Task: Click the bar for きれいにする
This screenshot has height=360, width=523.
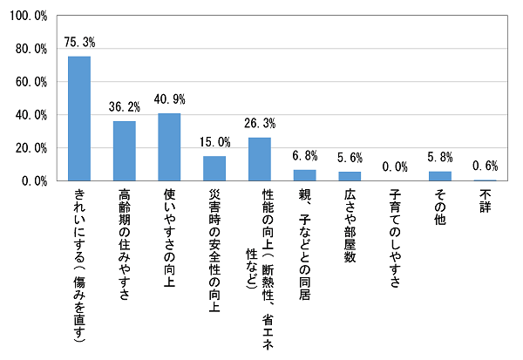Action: [79, 119]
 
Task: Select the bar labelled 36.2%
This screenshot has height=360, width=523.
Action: [125, 151]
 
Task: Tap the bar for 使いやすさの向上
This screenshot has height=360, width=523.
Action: [169, 147]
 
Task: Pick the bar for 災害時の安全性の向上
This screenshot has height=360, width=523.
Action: [214, 168]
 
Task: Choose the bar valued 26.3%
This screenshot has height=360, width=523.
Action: [260, 160]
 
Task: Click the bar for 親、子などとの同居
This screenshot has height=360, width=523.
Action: [304, 175]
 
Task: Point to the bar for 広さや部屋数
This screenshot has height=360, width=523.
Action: [350, 176]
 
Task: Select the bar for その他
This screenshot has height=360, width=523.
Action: [440, 176]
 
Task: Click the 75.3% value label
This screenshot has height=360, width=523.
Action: [79, 43]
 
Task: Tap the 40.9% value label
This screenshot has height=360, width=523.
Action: [169, 99]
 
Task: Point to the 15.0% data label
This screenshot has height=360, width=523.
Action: [214, 142]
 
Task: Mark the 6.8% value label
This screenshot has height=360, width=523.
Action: [304, 155]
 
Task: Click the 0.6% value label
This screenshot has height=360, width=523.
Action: [485, 166]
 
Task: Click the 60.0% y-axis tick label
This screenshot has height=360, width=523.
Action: [29, 82]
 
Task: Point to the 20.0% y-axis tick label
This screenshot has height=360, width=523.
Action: [29, 148]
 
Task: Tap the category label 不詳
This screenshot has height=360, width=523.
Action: [485, 198]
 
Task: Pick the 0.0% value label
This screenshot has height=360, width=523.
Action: [395, 166]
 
